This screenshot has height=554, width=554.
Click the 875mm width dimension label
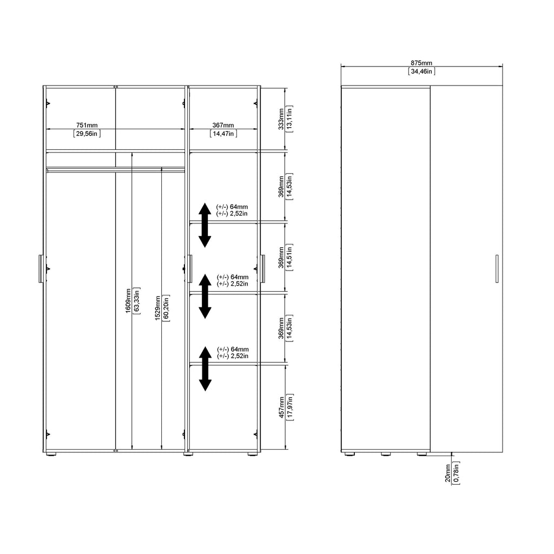pos(421,63)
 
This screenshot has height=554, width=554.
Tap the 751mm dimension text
pos(87,126)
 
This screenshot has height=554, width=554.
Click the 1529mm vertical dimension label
pos(158,308)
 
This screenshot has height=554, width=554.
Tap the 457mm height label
pos(281,406)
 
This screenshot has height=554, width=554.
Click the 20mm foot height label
pos(448,473)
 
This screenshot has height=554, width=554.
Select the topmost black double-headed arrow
pos(205,225)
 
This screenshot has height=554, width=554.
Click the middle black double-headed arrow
pos(205,296)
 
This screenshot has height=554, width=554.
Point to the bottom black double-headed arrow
pos(205,368)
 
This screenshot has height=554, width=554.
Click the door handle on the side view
pos(496,269)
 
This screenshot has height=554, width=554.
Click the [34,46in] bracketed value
pos(421,71)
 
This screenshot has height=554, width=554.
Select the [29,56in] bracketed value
pos(87,134)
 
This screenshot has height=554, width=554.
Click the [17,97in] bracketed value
pos(291,406)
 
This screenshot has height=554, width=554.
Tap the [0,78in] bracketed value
pos(457,473)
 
